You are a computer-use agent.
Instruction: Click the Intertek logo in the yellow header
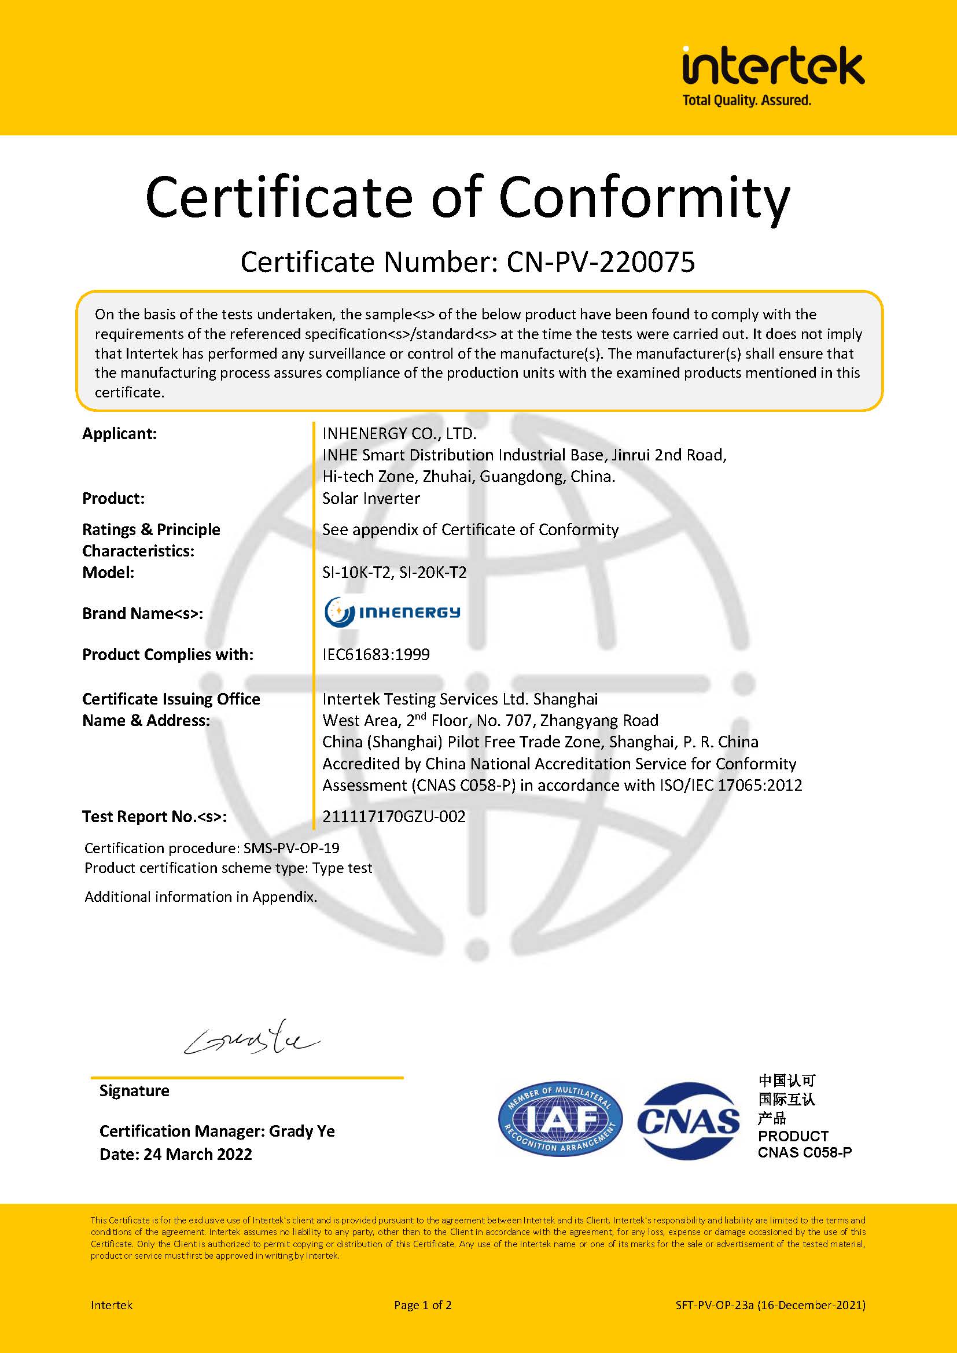coord(772,66)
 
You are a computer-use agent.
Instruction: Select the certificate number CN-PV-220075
coord(601,262)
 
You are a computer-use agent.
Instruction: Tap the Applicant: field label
coord(120,434)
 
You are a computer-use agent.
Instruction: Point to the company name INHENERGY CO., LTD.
coord(399,434)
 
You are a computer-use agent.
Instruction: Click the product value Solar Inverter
coord(371,499)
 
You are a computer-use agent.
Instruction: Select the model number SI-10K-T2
coord(356,572)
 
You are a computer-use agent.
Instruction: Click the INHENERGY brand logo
coord(392,612)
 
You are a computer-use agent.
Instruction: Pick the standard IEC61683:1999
coord(376,655)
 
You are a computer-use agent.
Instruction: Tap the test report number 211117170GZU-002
coord(393,817)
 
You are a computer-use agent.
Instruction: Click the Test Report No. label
coord(154,817)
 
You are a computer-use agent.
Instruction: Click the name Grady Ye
coord(301,1131)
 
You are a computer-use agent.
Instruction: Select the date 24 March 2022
coord(197,1155)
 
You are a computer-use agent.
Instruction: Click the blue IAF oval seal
coord(560,1120)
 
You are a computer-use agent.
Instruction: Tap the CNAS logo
coord(689,1121)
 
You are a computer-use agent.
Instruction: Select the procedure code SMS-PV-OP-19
coord(291,849)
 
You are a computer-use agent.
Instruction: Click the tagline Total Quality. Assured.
coord(746,101)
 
